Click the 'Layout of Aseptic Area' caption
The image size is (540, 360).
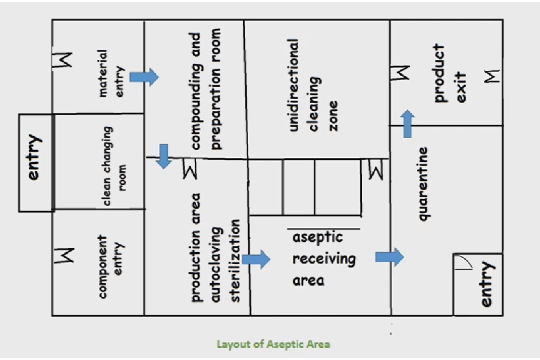(273, 344)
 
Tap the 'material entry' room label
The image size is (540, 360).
(111, 73)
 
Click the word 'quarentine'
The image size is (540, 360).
(423, 184)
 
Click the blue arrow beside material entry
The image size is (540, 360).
(144, 77)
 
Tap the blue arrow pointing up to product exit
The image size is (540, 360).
(407, 124)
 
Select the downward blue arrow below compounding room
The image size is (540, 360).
(163, 156)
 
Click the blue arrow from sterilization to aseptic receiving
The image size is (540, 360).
(256, 259)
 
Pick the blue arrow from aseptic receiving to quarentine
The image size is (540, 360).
(389, 257)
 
